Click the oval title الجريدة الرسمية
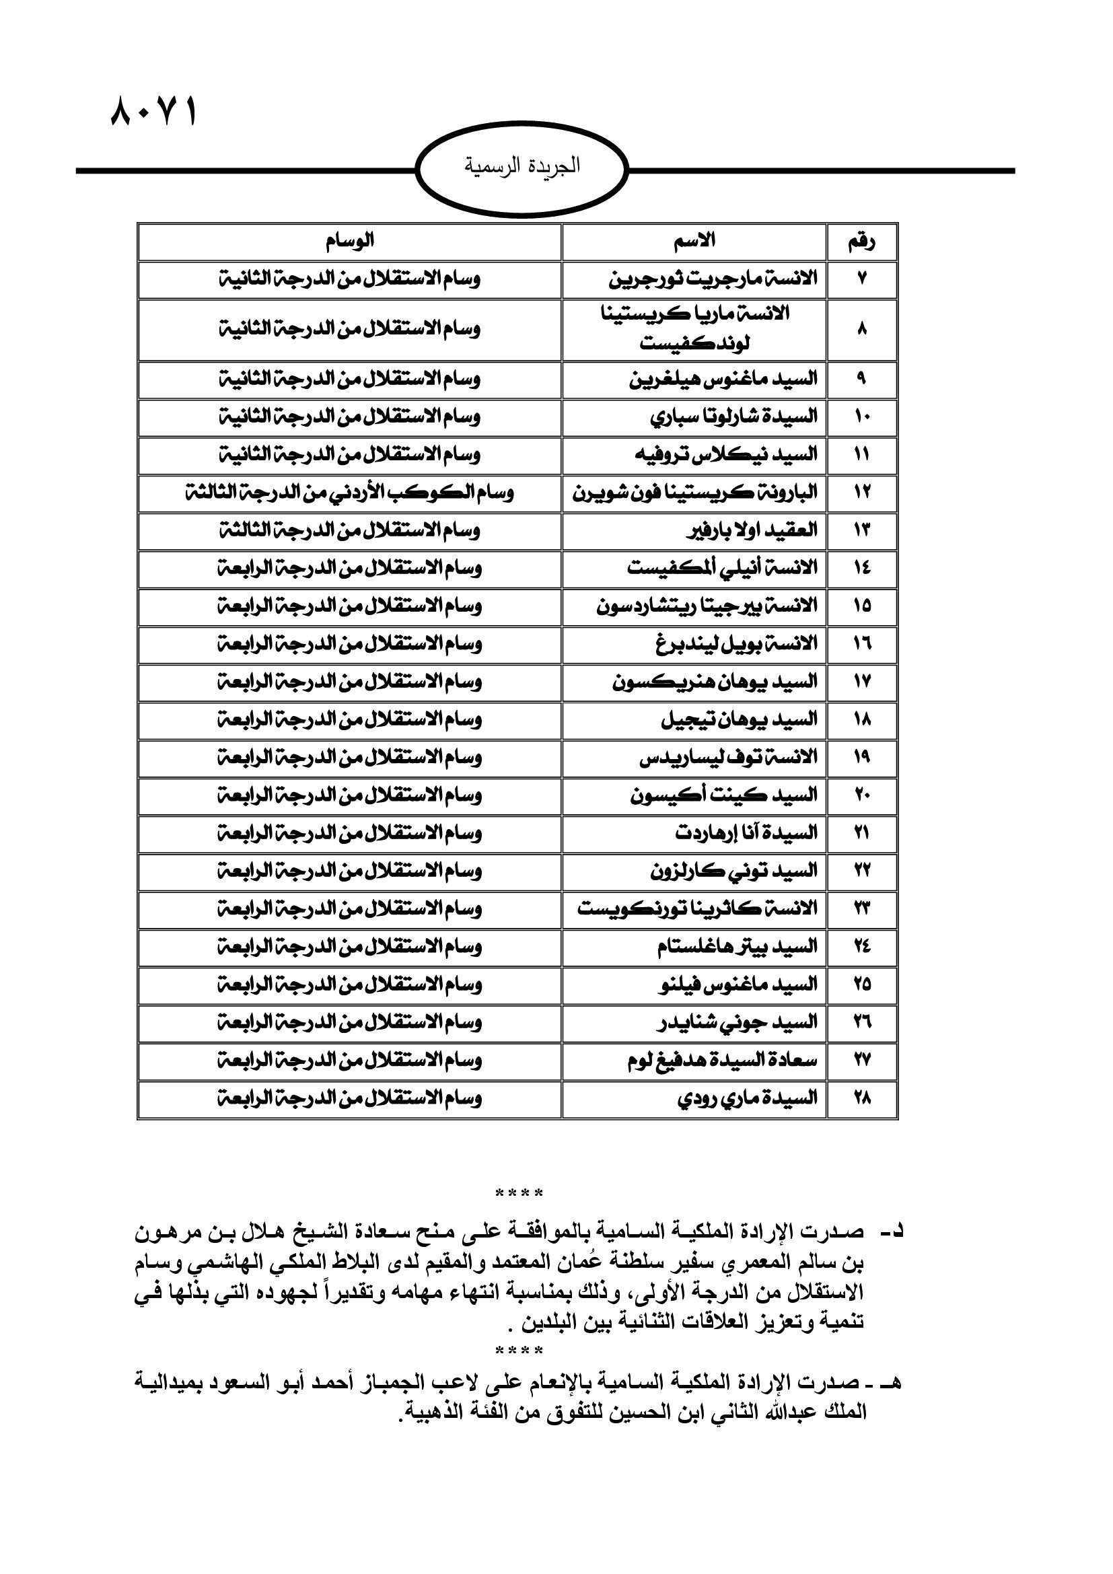click(x=522, y=168)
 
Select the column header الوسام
click(x=349, y=242)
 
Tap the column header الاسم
click(x=694, y=242)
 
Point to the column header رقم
click(x=861, y=242)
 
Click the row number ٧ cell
click(x=861, y=280)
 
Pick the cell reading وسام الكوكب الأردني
click(x=349, y=493)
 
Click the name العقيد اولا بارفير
click(x=751, y=530)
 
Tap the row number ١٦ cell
click(x=861, y=645)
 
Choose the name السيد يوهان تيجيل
click(x=739, y=720)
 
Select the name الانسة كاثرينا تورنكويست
click(x=697, y=910)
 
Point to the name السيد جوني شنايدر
click(x=735, y=1024)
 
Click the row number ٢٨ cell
click(x=861, y=1098)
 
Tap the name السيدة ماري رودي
click(x=747, y=1098)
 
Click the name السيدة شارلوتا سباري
click(x=733, y=417)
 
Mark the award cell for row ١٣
click(x=349, y=530)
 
